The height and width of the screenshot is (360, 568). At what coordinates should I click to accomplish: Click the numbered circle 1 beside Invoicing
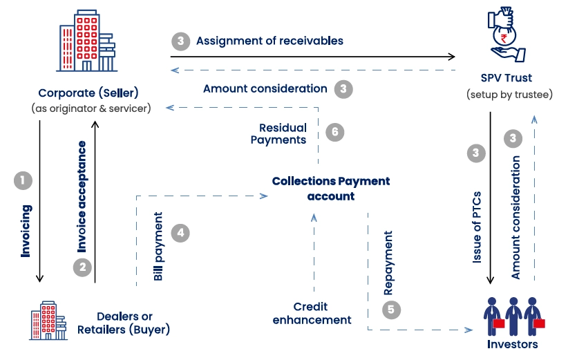tap(23, 181)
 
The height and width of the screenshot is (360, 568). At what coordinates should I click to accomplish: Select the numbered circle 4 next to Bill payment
tap(180, 233)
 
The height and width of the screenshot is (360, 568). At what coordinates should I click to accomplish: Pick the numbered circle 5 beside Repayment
tap(391, 310)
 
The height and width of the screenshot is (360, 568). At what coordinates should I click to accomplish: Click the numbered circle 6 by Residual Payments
tap(334, 132)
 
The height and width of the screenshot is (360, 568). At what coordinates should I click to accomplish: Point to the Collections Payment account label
tap(331, 188)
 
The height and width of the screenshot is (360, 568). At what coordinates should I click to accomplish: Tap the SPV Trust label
tap(507, 78)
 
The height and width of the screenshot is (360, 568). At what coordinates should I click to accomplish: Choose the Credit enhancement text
tap(312, 313)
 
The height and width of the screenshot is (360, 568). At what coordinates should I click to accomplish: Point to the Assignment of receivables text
tap(269, 41)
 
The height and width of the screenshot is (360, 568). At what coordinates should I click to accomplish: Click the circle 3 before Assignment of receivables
tap(180, 41)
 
